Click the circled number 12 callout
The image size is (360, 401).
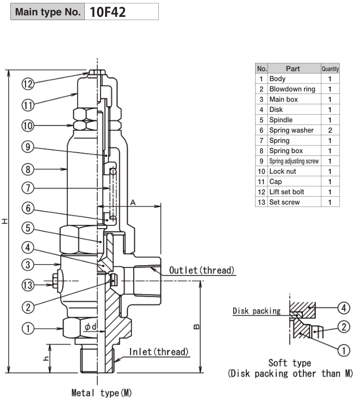point(28,84)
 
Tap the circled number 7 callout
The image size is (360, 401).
point(28,188)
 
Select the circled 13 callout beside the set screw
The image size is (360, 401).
point(28,285)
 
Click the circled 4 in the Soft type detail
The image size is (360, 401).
point(344,308)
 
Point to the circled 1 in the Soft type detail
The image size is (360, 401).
point(344,350)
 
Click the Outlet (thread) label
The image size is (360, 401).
point(202,270)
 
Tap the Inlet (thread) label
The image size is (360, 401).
point(159,352)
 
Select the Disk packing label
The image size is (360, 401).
point(257,311)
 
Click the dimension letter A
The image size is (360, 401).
point(133,203)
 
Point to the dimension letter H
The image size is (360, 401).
point(5,221)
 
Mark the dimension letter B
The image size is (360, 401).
point(196,327)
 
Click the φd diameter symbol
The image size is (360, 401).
point(90,327)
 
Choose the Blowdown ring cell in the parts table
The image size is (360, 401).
point(292,89)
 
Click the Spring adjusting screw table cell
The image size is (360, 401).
point(294,161)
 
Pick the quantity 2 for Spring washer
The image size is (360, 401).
point(330,130)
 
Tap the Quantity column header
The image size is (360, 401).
point(330,69)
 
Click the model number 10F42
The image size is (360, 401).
point(108,12)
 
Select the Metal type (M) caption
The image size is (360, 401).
point(102,393)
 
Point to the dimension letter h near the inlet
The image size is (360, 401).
point(46,358)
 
